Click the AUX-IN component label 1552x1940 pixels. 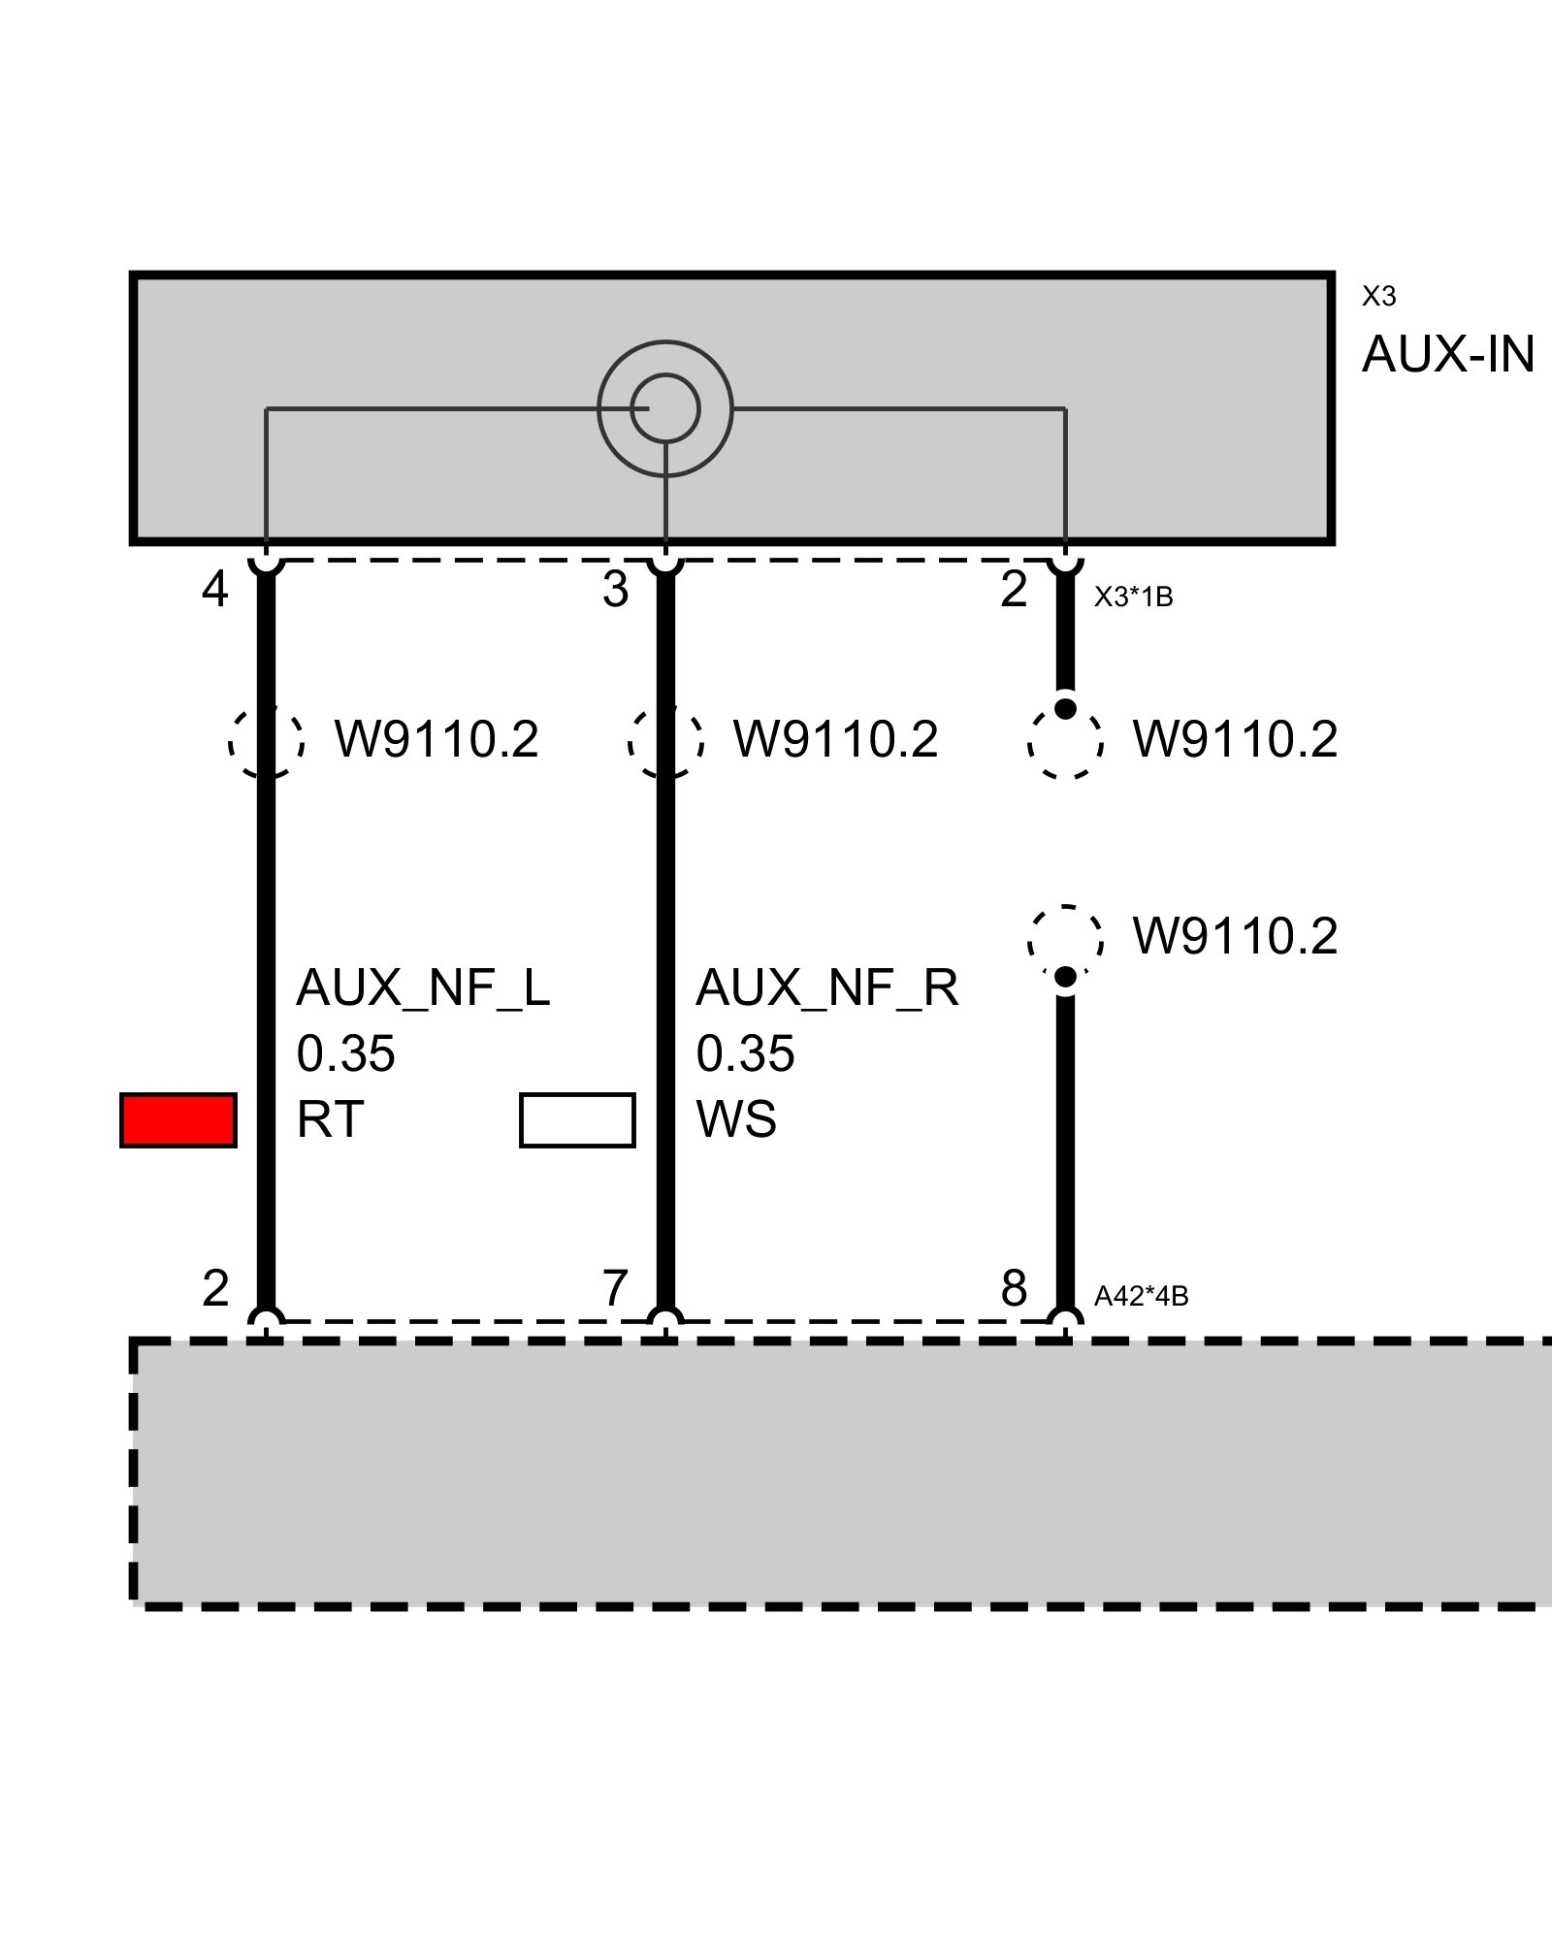point(1447,355)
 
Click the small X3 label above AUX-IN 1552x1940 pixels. point(1378,296)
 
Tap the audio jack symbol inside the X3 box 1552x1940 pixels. point(665,408)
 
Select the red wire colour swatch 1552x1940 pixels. point(178,1120)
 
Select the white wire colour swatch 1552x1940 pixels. point(577,1120)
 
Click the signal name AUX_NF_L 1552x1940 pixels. point(423,988)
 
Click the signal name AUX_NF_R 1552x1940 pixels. point(826,988)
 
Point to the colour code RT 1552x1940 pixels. point(330,1120)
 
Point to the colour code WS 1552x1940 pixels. point(736,1120)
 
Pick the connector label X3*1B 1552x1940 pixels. point(1133,598)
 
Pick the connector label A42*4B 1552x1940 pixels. point(1141,1296)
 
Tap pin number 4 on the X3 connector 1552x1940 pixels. point(214,590)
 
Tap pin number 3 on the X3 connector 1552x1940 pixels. point(615,590)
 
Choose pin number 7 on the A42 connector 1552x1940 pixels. point(615,1289)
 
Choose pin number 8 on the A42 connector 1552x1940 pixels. point(1014,1289)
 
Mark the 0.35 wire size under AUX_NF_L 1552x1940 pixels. point(345,1054)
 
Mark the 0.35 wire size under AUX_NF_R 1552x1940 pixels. point(745,1054)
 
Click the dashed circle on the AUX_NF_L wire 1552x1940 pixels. point(267,741)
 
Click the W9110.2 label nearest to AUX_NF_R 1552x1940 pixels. point(835,740)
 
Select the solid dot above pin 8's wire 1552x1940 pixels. point(1065,977)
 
